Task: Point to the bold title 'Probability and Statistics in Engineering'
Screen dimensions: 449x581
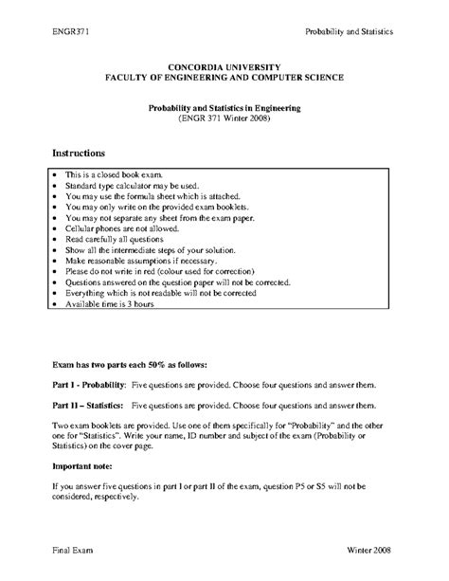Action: click(x=224, y=108)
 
